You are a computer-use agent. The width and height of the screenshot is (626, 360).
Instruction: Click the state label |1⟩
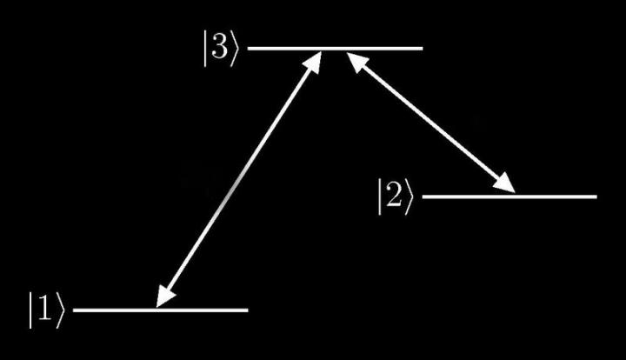[46, 310]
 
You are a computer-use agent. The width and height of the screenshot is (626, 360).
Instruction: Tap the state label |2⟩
[396, 197]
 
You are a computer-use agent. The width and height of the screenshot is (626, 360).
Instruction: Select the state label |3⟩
[221, 49]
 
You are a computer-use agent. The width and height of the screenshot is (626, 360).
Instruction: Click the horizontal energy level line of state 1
[161, 310]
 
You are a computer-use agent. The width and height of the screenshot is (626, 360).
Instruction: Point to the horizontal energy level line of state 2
[509, 197]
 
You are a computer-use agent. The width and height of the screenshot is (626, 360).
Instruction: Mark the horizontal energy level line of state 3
[335, 49]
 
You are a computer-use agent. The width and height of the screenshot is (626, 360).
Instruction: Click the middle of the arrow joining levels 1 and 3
[239, 179]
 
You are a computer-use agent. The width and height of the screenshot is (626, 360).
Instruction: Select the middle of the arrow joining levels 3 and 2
[430, 122]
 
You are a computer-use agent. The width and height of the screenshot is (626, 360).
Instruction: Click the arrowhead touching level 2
[503, 184]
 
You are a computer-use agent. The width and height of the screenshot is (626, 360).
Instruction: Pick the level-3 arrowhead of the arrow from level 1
[314, 62]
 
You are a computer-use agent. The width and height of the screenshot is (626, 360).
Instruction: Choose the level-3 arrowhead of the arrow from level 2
[357, 61]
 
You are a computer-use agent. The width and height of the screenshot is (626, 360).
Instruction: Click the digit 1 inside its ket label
[45, 310]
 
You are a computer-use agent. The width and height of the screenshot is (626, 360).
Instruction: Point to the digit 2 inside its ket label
[395, 196]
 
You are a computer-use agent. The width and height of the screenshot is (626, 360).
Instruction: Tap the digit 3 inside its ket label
[220, 48]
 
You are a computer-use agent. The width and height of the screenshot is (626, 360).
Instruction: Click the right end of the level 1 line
[248, 310]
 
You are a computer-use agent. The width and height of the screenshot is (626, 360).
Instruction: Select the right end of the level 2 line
[596, 197]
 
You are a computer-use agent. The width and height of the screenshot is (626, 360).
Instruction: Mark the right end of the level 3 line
[423, 49]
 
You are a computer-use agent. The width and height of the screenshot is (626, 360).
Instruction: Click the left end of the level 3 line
[248, 49]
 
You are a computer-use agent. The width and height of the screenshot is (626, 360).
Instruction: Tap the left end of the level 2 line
[423, 197]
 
